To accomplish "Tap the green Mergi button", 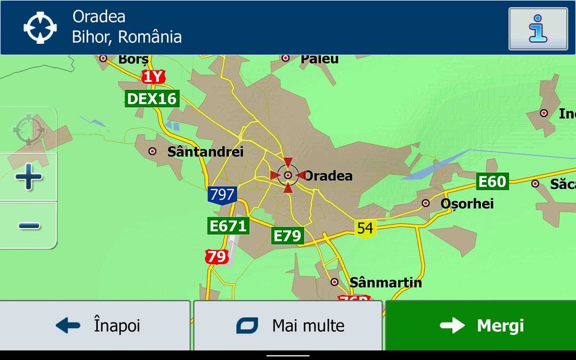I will pos(480,325).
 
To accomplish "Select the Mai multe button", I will pos(288,325).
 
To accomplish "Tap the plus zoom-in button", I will pos(28,177).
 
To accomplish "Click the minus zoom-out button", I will pos(28,225).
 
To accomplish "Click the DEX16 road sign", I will pos(151,98).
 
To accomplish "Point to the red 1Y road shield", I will pos(153,77).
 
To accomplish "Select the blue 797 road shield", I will pos(222,195).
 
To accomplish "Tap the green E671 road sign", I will pos(228,226).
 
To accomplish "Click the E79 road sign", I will pos(287,236).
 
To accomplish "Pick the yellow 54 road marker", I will pos(365,228).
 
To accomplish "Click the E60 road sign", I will pos(492,182).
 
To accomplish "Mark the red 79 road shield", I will pos(217,256).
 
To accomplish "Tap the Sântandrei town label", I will pos(205,151).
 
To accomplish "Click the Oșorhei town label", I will pos(467,203).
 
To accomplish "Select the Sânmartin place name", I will pos(385,283).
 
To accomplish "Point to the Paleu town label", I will pos(319,59).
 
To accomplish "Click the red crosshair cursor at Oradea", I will pos(287,175).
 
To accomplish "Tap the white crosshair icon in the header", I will pos(40,27).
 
